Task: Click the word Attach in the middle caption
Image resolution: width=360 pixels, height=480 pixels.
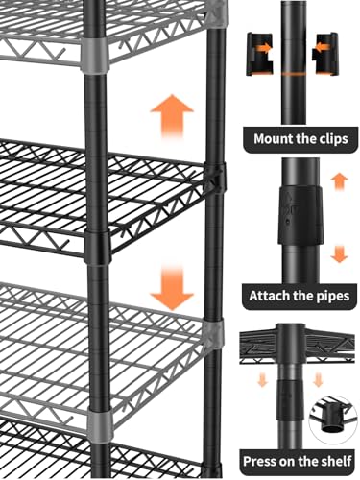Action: click(267, 295)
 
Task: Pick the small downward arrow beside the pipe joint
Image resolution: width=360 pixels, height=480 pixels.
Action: click(336, 253)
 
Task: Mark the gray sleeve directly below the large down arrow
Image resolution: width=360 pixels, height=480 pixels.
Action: click(212, 334)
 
